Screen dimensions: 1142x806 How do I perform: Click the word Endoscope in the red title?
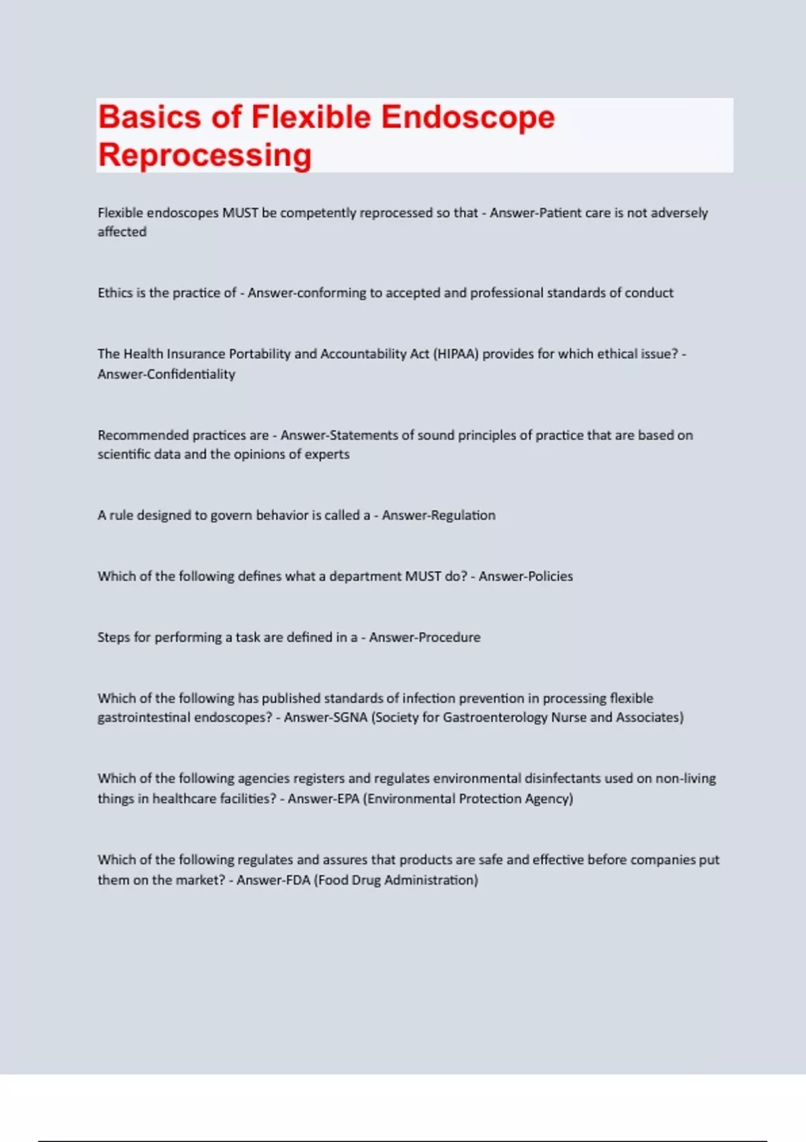(467, 118)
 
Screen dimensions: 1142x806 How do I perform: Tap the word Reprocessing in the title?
(205, 155)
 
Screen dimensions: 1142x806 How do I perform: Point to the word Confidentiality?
(191, 374)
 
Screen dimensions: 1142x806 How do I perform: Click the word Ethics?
(115, 293)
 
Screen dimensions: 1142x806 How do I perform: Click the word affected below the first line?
(122, 232)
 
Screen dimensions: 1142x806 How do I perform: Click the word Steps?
(114, 638)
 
